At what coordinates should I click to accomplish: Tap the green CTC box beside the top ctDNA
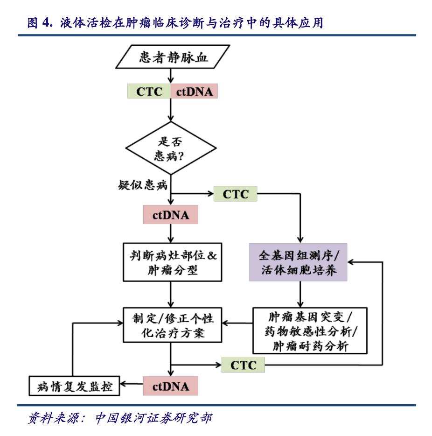point(149,91)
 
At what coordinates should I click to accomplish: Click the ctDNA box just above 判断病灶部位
point(171,216)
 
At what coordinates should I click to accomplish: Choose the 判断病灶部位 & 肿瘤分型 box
point(171,262)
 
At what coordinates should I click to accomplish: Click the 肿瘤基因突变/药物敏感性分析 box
point(309,330)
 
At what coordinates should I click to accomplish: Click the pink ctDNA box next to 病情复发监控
point(171,387)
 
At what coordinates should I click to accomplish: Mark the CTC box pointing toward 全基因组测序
point(235,194)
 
